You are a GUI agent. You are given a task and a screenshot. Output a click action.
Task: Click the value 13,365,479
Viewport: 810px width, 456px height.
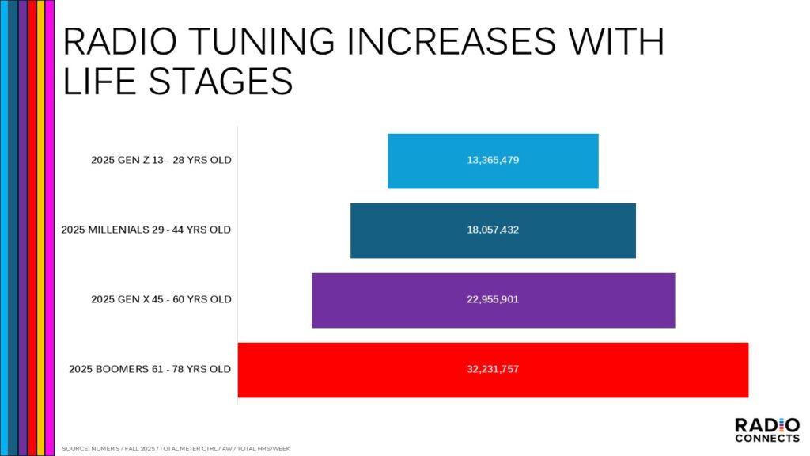click(493, 160)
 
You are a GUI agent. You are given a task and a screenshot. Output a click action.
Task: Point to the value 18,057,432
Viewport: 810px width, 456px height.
click(493, 230)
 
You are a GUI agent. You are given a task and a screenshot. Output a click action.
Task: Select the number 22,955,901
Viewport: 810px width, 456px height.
click(493, 299)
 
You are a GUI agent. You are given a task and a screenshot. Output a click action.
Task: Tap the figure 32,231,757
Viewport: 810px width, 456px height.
click(493, 369)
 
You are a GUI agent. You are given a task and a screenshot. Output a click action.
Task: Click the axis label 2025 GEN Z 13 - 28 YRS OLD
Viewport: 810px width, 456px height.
click(161, 160)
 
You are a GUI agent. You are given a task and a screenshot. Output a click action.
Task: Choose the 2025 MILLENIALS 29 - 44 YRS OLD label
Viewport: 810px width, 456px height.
click(146, 230)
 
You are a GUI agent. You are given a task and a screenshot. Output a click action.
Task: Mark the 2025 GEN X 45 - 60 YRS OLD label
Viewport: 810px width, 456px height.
click(161, 299)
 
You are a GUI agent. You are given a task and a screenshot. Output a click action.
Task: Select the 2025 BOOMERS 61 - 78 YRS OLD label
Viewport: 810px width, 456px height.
click(150, 369)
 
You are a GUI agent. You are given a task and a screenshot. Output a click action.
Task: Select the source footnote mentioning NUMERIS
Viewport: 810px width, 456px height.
click(176, 449)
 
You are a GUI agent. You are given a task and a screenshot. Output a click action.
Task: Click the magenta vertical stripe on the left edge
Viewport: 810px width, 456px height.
click(50, 228)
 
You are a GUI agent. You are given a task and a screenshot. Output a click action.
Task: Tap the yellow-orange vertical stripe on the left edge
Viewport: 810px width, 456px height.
click(41, 228)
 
